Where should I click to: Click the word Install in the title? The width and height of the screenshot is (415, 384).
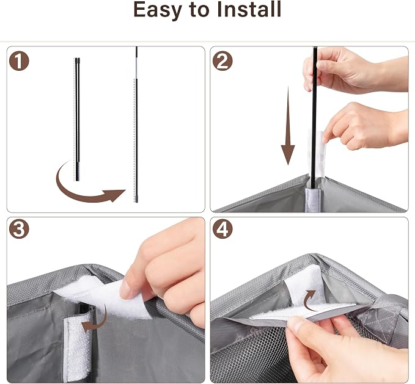[x=249, y=9]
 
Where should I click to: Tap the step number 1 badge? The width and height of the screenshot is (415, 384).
[x=19, y=61]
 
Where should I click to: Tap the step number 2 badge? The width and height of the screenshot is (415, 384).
[x=222, y=61]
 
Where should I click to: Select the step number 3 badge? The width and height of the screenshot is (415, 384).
[x=19, y=229]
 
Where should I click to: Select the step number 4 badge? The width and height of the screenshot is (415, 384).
[x=222, y=229]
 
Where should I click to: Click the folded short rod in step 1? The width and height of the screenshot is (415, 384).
[x=77, y=119]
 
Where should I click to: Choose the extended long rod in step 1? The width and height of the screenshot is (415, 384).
[x=136, y=125]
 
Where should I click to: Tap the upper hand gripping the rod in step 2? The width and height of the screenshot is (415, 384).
[x=352, y=70]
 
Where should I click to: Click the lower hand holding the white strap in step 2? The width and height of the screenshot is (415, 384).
[x=365, y=126]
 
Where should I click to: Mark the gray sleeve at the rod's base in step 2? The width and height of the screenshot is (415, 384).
[x=313, y=200]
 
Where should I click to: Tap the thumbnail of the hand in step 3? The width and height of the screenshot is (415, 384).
[x=127, y=289]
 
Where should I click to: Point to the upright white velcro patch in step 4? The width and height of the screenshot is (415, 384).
[x=304, y=286]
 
